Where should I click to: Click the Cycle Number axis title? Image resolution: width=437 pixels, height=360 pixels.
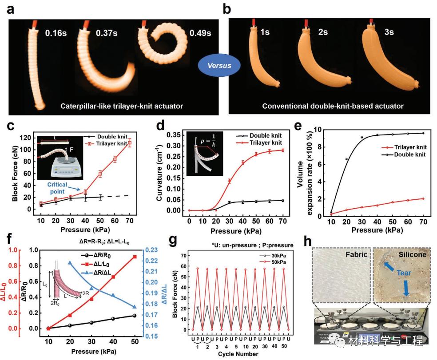click(238, 353)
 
